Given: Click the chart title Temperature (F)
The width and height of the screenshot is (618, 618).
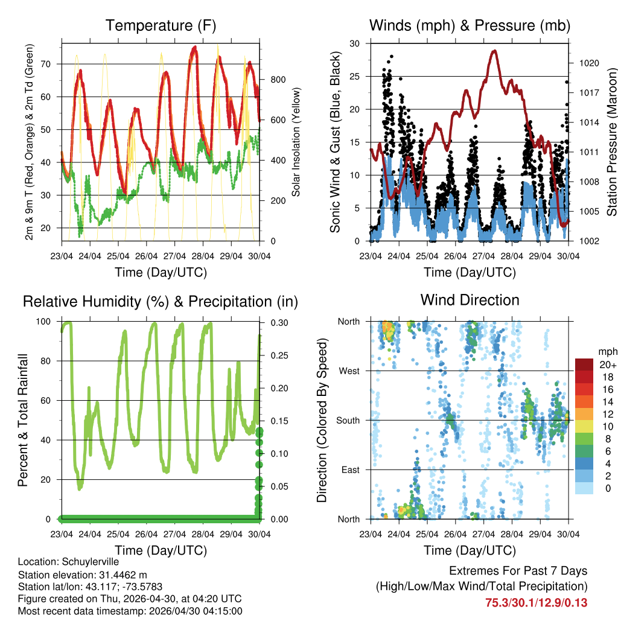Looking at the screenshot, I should tap(161, 25).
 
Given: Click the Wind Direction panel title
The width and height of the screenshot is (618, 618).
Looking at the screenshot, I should tap(470, 300).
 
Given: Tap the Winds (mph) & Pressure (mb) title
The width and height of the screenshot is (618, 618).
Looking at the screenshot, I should tap(470, 25).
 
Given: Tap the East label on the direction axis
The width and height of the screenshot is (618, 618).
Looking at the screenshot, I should tap(349, 470).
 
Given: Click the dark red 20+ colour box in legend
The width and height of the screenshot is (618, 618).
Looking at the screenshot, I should tap(585, 365).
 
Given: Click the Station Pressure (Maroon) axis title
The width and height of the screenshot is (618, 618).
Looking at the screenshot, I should tap(611, 142).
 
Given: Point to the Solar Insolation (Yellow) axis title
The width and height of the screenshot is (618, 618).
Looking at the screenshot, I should tap(296, 142).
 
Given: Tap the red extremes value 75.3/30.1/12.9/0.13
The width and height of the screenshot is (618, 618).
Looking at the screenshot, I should tap(536, 602).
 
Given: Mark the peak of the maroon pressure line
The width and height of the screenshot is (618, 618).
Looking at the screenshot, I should tap(495, 51).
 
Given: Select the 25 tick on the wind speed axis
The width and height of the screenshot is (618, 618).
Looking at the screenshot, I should tap(355, 77).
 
